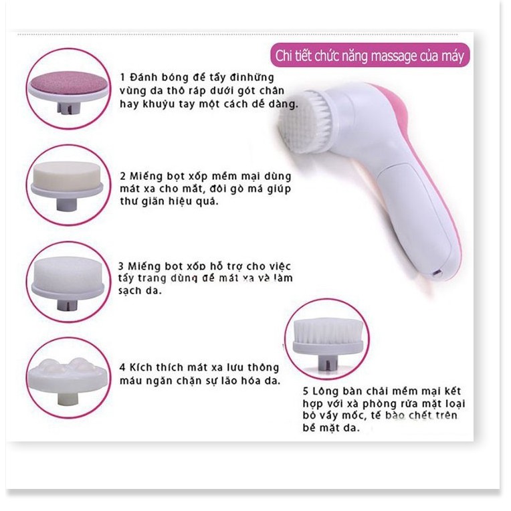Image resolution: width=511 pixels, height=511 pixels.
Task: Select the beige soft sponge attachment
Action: [68, 175]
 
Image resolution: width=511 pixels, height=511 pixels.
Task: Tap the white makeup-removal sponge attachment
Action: [68, 273]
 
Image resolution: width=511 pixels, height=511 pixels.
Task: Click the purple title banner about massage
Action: [370, 56]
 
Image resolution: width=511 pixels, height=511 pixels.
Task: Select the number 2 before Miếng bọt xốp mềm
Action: [123, 177]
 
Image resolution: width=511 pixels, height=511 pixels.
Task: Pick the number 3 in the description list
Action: [123, 266]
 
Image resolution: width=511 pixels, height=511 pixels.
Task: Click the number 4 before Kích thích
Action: [123, 368]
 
